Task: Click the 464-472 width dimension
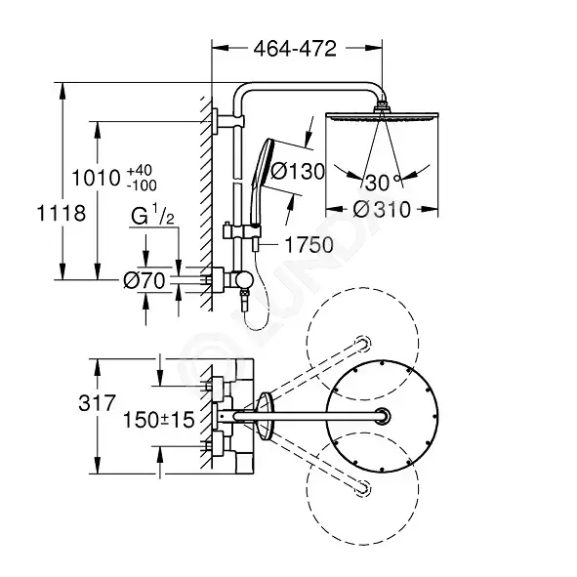click(295, 49)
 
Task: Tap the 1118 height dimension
click(62, 213)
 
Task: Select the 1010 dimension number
click(96, 178)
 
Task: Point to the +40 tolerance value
click(139, 171)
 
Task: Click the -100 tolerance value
click(142, 185)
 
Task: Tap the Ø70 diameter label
click(144, 281)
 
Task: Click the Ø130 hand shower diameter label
click(298, 171)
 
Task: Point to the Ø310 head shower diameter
click(382, 209)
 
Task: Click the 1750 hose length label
click(309, 245)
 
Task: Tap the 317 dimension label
click(98, 402)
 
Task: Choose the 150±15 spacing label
click(158, 420)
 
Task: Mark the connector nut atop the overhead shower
click(382, 106)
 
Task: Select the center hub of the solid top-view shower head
click(382, 417)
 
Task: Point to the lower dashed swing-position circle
click(309, 489)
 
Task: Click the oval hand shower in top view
click(266, 417)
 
